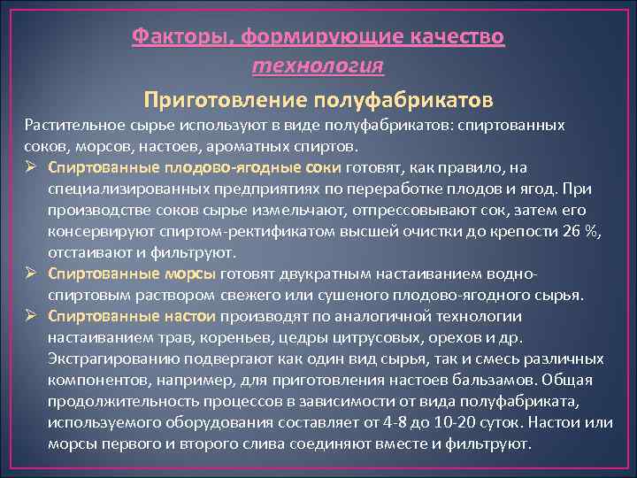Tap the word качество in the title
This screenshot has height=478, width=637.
tap(456, 37)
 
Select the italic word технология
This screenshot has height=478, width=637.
tap(318, 65)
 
